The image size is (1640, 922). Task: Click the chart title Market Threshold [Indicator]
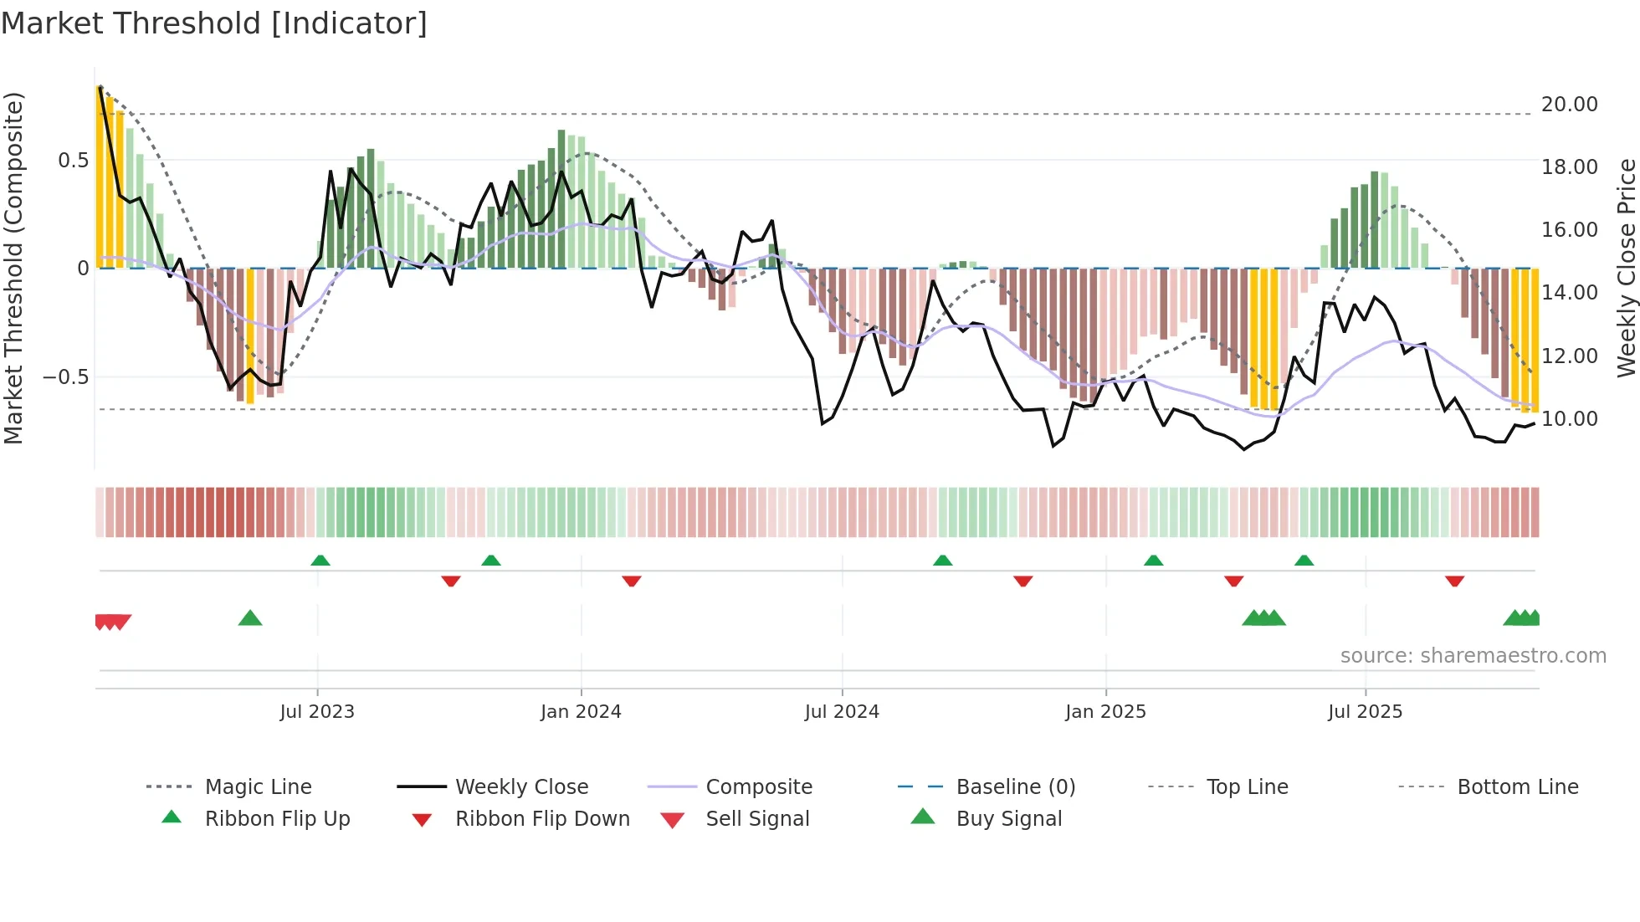click(214, 23)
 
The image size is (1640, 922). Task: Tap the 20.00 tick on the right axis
click(1569, 105)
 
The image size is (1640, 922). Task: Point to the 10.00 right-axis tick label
click(1569, 419)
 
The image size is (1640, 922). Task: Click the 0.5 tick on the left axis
click(73, 161)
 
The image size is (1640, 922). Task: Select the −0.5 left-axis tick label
click(66, 377)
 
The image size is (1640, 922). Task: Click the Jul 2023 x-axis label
click(317, 712)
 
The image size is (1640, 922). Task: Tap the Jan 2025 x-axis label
click(1105, 712)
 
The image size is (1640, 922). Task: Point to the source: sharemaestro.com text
click(1473, 656)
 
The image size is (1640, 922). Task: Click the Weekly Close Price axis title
click(1626, 268)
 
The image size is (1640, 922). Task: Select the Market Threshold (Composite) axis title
click(13, 268)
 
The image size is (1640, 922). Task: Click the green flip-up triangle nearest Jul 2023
click(320, 561)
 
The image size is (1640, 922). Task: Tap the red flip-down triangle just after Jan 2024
click(632, 581)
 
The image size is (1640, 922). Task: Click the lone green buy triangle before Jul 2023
click(250, 619)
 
